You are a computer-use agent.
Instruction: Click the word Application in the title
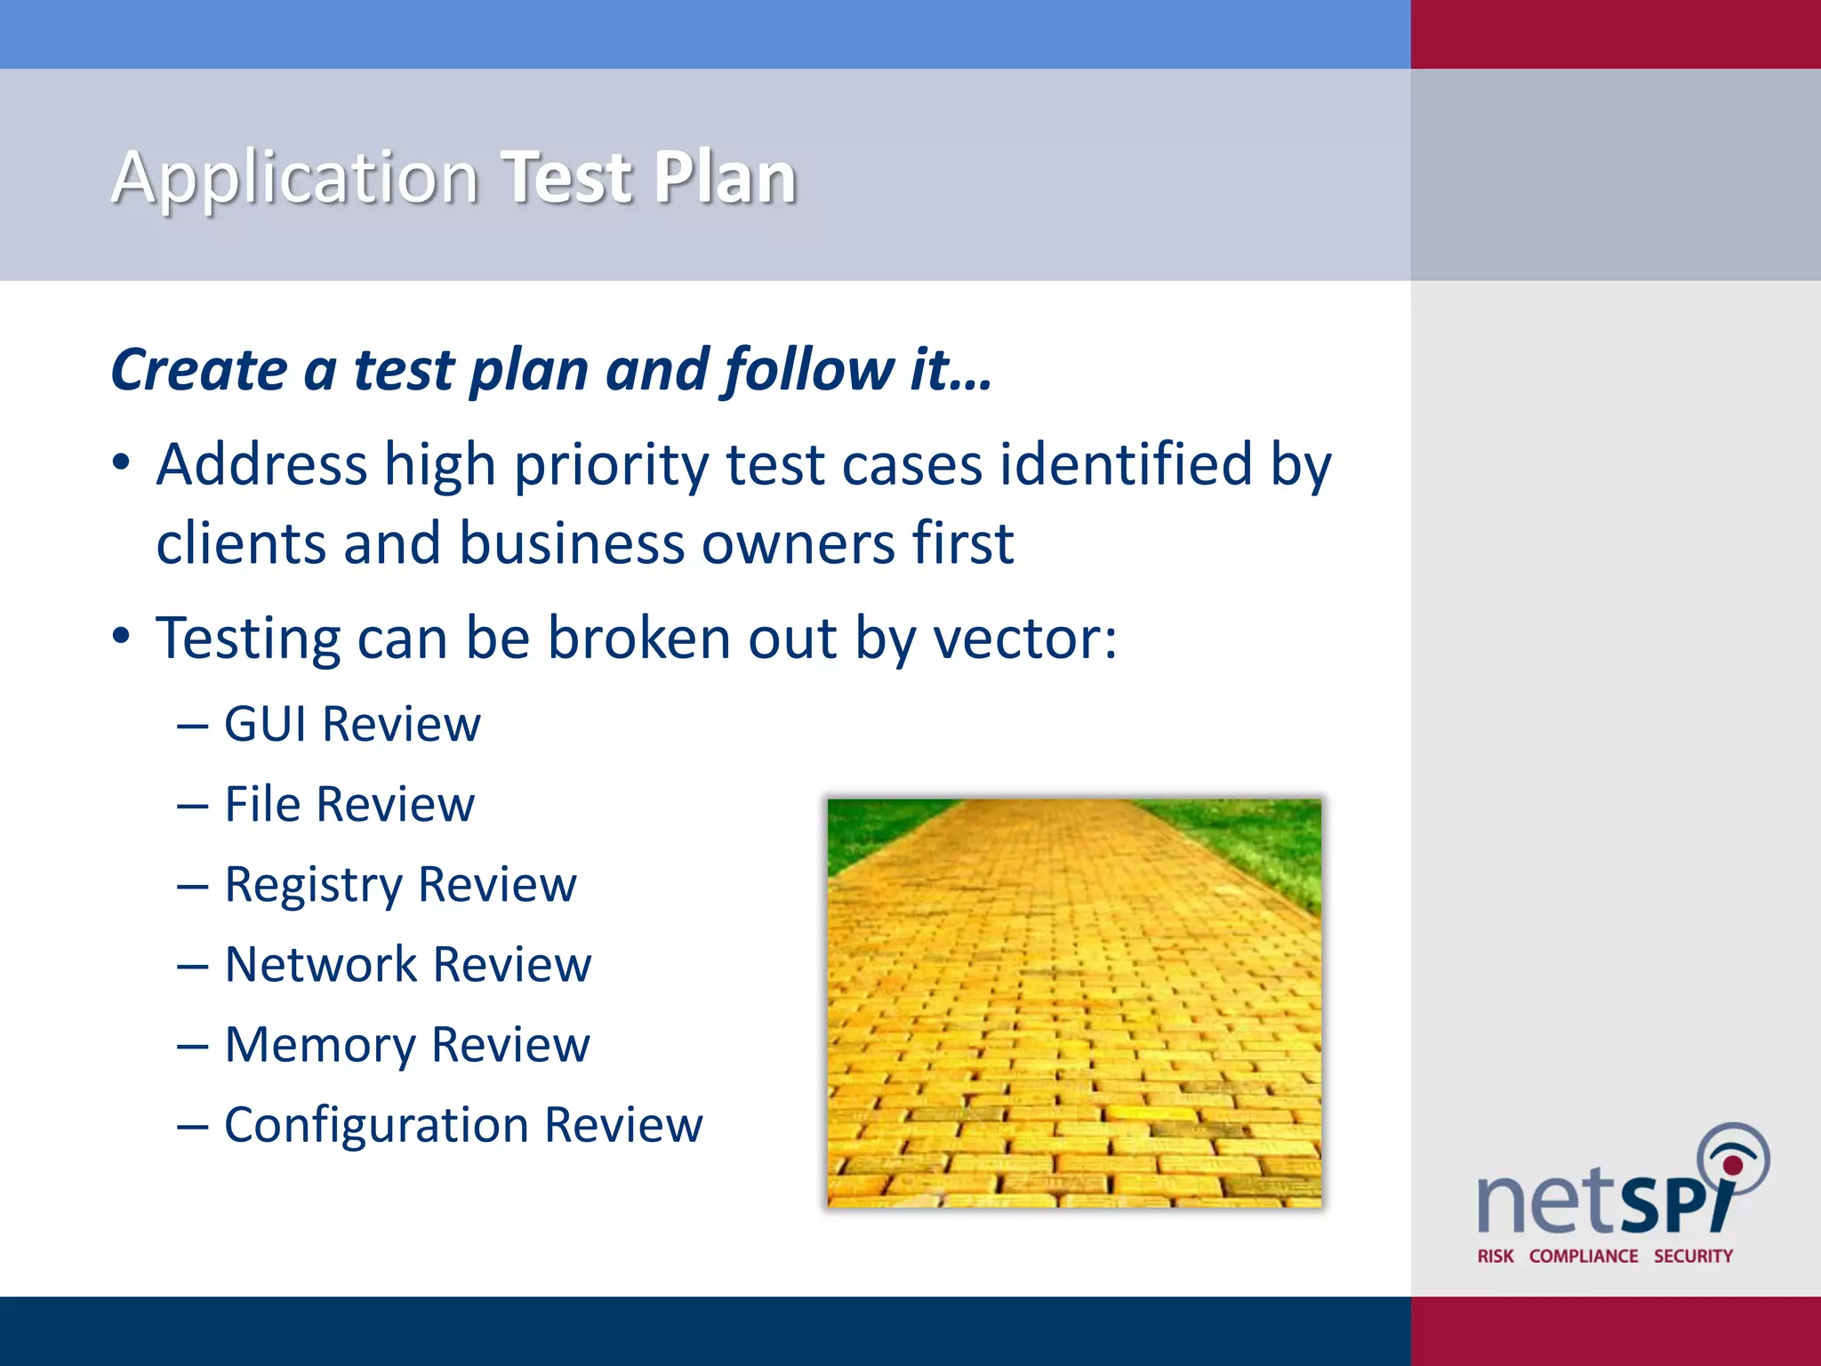[295, 178]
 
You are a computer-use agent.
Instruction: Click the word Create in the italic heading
[199, 370]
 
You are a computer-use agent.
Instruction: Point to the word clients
[241, 543]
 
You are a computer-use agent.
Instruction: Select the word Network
[321, 965]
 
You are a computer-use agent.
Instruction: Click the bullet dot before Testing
[122, 637]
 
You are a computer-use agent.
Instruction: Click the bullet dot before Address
[122, 462]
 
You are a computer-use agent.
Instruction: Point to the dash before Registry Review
[192, 887]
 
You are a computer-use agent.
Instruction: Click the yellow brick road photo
[1073, 1002]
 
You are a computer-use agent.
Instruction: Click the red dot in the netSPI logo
[1732, 1165]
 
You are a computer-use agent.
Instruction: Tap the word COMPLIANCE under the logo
[1583, 1256]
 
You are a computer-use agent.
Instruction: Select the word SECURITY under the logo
[1693, 1256]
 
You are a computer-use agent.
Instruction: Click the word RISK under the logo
[1495, 1256]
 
